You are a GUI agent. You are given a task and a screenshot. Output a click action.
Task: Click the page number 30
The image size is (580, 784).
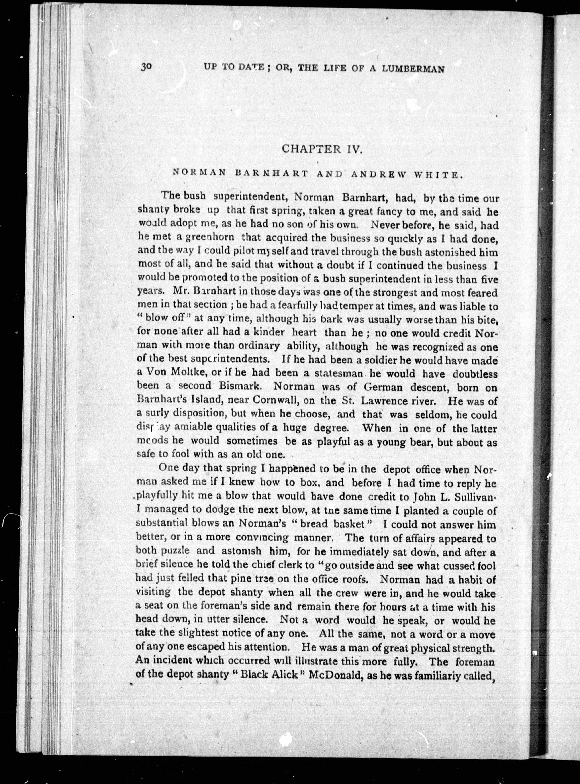[146, 66]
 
